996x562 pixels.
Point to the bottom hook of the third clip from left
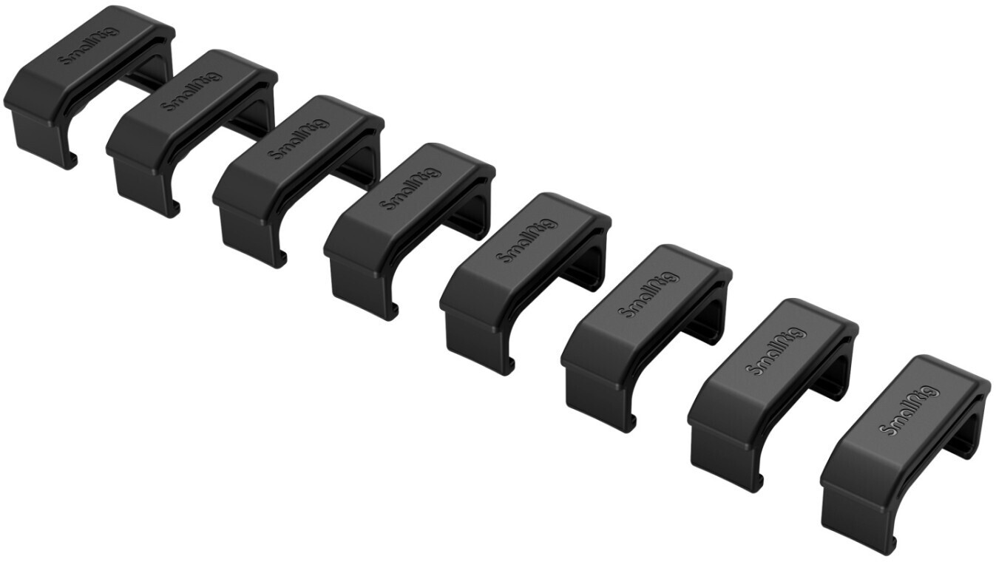(x=282, y=260)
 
